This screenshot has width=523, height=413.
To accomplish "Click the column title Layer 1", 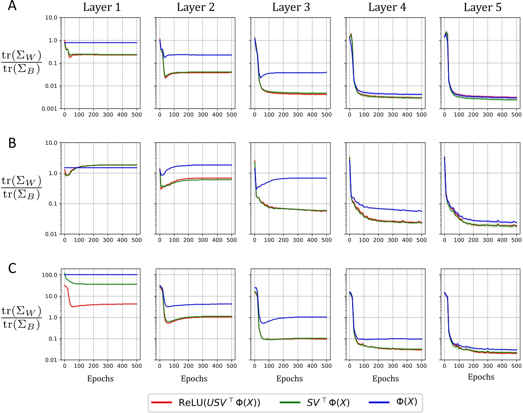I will (x=102, y=7).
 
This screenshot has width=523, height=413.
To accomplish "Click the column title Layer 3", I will (x=291, y=7).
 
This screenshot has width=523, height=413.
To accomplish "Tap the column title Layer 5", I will (x=482, y=7).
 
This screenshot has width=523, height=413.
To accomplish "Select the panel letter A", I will (x=12, y=6).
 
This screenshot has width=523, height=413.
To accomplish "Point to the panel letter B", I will (x=12, y=143).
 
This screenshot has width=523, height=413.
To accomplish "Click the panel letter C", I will (x=12, y=268).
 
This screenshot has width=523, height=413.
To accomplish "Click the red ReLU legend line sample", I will (x=161, y=403).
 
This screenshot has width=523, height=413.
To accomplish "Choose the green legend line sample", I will (x=290, y=403).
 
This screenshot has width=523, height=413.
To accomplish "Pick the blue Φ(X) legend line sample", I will (x=379, y=403).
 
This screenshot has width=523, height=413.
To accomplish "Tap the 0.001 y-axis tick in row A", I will (x=49, y=109).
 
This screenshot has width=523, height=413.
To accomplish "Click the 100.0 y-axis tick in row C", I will (x=49, y=275).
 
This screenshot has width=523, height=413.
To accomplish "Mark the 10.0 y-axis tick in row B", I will (x=51, y=143).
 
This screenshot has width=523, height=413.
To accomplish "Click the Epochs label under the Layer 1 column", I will (x=100, y=379).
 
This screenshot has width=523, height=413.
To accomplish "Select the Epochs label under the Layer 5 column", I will (x=481, y=377).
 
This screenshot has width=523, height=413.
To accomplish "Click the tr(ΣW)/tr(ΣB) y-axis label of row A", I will (x=21, y=63).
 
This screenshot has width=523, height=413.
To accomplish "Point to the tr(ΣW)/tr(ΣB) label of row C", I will (x=21, y=318).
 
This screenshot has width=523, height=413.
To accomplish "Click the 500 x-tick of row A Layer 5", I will (x=516, y=115).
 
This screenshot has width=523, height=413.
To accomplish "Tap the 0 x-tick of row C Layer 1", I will (x=64, y=366).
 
